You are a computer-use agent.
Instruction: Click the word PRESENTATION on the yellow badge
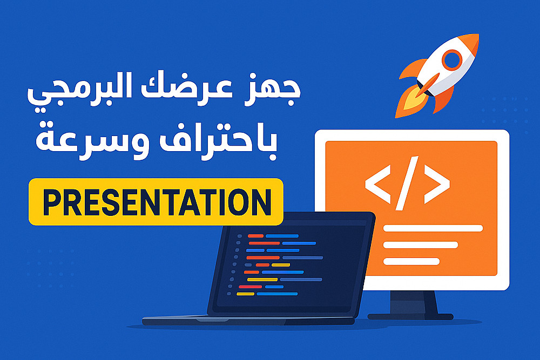pos(157,202)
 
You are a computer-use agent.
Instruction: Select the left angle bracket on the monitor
pos(377,184)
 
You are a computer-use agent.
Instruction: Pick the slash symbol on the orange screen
pos(407,183)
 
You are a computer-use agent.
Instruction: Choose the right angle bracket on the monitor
pos(437,184)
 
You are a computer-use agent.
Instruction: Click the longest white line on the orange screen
pos(433,228)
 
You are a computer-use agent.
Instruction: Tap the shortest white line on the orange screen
pos(411,262)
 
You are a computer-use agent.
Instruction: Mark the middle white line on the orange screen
pos(421,245)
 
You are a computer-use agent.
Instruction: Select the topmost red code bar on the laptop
pos(255,236)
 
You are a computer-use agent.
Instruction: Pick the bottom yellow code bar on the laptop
pos(245,294)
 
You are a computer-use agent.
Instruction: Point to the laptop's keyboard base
pos(248,321)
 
